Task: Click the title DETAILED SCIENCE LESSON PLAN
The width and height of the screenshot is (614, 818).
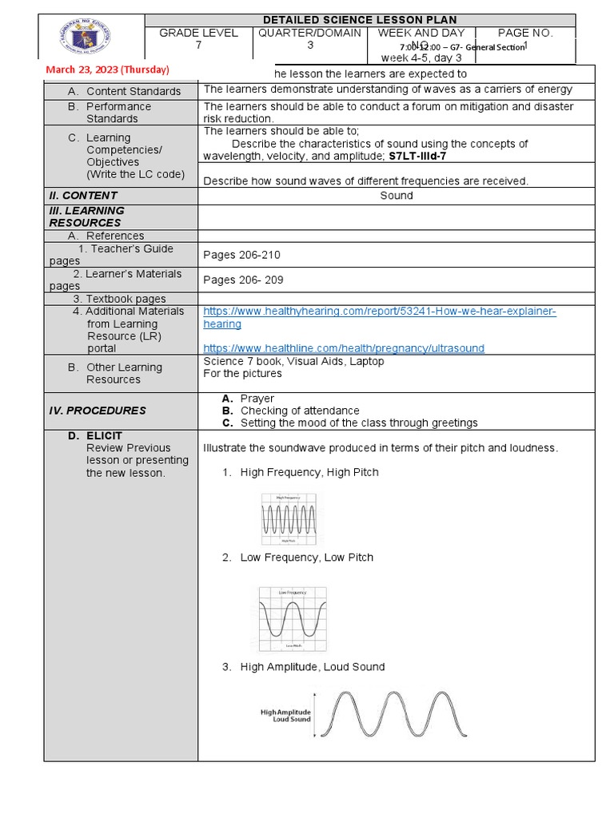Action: pyautogui.click(x=361, y=20)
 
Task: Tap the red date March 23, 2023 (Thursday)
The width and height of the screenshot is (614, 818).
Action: pyautogui.click(x=107, y=70)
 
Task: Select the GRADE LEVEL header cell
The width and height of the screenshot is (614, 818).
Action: pyautogui.click(x=198, y=34)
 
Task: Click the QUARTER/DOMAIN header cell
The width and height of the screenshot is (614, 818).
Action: pyautogui.click(x=309, y=34)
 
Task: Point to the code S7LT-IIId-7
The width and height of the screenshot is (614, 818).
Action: pyautogui.click(x=417, y=157)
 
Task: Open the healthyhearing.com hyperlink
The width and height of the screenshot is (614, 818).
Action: pyautogui.click(x=379, y=312)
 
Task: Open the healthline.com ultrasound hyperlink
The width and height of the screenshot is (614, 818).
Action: pyautogui.click(x=344, y=348)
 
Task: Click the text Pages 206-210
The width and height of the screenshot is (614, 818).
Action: pyautogui.click(x=242, y=255)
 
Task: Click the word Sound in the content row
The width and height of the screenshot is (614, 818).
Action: pyautogui.click(x=396, y=196)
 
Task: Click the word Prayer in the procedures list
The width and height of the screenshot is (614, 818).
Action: pyautogui.click(x=257, y=399)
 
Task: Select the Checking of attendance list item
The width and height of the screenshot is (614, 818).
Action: pyautogui.click(x=300, y=411)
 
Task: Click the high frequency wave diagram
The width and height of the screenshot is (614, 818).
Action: pyautogui.click(x=289, y=519)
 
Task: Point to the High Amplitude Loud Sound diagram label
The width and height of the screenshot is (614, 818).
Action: pyautogui.click(x=285, y=715)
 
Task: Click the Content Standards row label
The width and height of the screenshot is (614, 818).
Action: pyautogui.click(x=134, y=92)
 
